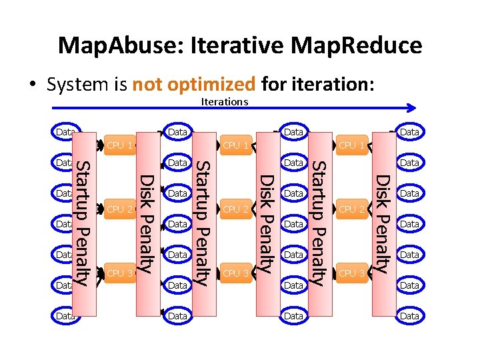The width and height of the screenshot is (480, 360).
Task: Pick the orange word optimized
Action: click(212, 85)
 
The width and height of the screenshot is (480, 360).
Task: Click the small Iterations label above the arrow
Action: click(224, 102)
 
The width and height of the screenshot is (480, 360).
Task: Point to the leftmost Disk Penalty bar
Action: click(148, 223)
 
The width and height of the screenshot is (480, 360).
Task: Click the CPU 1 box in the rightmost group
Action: click(351, 145)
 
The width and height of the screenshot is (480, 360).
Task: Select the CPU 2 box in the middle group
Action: click(236, 209)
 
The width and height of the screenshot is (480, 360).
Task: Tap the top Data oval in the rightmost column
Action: click(409, 132)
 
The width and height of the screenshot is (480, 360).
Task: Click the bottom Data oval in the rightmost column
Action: click(409, 316)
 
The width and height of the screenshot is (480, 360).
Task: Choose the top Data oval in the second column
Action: click(177, 132)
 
